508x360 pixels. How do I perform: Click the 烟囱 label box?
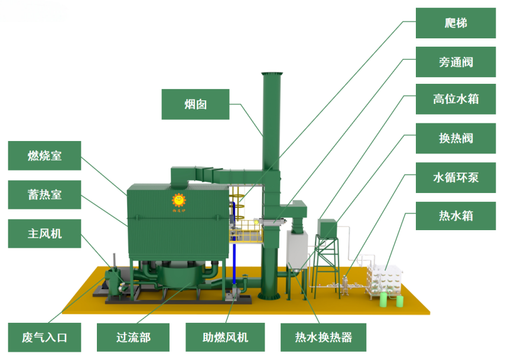click(x=195, y=104)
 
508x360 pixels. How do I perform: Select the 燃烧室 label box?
click(x=45, y=156)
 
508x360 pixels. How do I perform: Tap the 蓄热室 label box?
click(x=45, y=195)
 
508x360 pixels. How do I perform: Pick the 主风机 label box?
click(x=45, y=234)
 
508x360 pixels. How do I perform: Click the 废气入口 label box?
click(x=45, y=338)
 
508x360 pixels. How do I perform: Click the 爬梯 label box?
click(x=455, y=23)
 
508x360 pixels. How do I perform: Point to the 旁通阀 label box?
click(x=455, y=62)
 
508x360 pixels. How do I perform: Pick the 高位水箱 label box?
click(x=455, y=99)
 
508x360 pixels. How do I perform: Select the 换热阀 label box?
click(x=455, y=139)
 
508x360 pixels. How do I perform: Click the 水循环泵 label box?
click(x=455, y=178)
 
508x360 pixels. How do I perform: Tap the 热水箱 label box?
click(x=455, y=215)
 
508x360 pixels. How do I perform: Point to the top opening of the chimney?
click(x=273, y=74)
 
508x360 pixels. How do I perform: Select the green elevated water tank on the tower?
click(x=327, y=228)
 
